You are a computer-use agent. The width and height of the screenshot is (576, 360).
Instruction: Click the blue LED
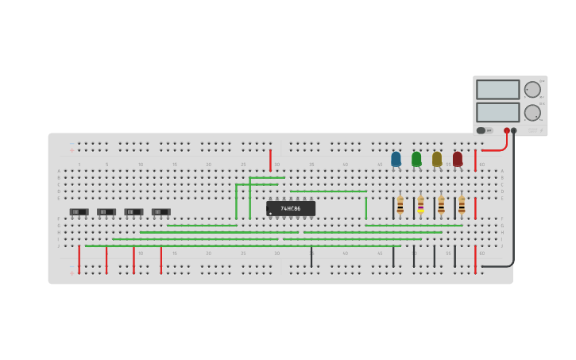pyautogui.click(x=396, y=159)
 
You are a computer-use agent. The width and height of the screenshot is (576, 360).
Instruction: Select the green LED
pyautogui.click(x=416, y=159)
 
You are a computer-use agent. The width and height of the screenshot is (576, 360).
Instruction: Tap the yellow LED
pyautogui.click(x=437, y=159)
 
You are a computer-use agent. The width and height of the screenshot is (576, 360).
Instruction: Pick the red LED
pyautogui.click(x=458, y=159)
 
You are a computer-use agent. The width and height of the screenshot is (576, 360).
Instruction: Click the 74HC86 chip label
pyautogui.click(x=291, y=208)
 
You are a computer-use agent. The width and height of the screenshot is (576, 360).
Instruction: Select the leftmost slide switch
pyautogui.click(x=79, y=211)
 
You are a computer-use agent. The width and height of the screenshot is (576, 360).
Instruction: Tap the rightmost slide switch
pyautogui.click(x=160, y=211)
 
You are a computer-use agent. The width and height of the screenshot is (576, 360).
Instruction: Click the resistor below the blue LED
pyautogui.click(x=400, y=205)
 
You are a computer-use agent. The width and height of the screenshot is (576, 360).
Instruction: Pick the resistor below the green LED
pyautogui.click(x=420, y=205)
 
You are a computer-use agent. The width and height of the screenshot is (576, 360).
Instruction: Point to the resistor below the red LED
pyautogui.click(x=462, y=205)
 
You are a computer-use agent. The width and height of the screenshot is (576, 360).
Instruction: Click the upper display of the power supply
pyautogui.click(x=497, y=89)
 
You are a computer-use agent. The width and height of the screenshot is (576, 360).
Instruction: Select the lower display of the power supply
pyautogui.click(x=497, y=112)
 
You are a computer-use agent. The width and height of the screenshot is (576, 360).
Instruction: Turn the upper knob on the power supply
pyautogui.click(x=532, y=89)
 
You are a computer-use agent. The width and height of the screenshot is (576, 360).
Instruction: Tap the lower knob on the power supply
pyautogui.click(x=532, y=112)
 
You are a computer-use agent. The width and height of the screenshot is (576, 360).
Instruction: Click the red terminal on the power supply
pyautogui.click(x=507, y=130)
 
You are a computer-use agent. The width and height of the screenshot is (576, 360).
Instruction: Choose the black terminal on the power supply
pyautogui.click(x=514, y=130)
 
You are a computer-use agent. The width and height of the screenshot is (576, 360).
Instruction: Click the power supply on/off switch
pyautogui.click(x=481, y=130)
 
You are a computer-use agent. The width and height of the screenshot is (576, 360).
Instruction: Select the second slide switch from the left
pyautogui.click(x=106, y=211)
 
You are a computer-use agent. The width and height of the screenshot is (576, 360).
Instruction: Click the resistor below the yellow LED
pyautogui.click(x=441, y=205)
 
